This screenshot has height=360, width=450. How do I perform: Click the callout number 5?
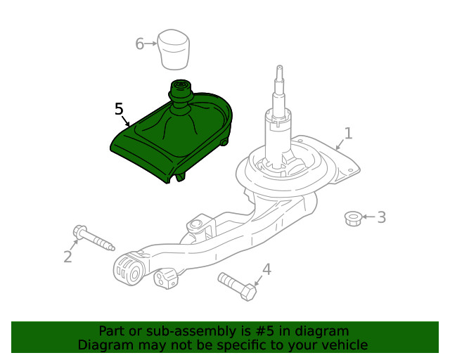coord(119,109)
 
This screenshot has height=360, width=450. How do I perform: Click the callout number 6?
coord(139,44)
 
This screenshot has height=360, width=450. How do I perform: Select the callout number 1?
coord(348,133)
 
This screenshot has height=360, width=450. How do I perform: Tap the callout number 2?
coord(67,257)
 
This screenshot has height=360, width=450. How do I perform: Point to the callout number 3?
coord(381,217)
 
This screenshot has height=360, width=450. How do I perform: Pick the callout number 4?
coord(266,269)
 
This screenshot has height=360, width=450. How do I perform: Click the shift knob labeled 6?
coord(174,49)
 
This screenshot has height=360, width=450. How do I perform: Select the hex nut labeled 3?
coord(354,218)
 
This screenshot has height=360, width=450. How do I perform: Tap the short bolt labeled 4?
coord(236,285)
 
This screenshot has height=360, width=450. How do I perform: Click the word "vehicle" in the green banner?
coord(343,345)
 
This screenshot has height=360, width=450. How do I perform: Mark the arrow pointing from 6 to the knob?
coord(151,44)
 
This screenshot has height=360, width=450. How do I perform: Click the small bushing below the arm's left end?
coord(167,278)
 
